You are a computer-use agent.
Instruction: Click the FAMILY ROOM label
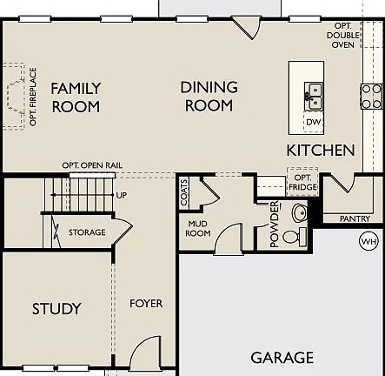click(75, 97)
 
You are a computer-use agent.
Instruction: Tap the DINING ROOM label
click(208, 96)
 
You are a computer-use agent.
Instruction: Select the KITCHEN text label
click(320, 150)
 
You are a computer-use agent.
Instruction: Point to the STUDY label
click(56, 308)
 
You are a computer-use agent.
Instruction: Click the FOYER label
click(146, 304)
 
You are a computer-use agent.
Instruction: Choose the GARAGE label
click(282, 358)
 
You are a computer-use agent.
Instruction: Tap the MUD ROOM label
click(199, 227)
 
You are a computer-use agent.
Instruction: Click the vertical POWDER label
click(275, 224)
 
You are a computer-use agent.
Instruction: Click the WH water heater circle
click(368, 240)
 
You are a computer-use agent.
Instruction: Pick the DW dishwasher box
click(312, 121)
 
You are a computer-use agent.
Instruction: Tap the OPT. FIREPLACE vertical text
click(33, 96)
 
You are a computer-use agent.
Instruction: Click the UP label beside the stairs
click(121, 195)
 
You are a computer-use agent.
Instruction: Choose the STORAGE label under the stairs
click(88, 232)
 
